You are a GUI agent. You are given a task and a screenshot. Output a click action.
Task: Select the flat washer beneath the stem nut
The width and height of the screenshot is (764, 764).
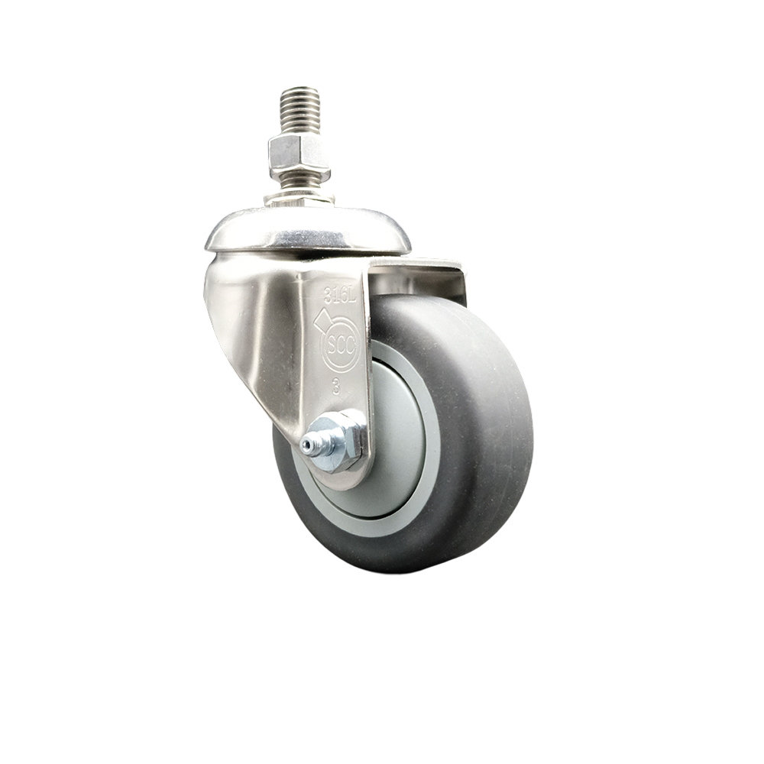click(299, 198)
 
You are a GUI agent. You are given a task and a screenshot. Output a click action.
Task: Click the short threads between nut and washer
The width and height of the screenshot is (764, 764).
click(299, 180)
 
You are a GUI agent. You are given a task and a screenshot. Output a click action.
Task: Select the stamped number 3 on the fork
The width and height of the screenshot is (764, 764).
click(336, 385)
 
